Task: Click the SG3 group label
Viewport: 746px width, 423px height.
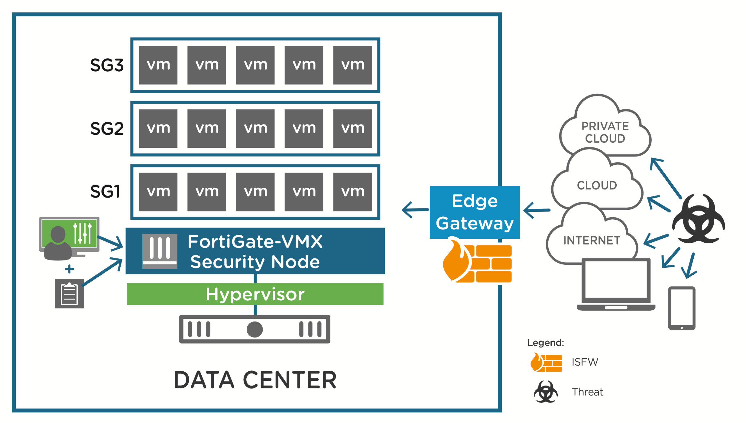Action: (107, 65)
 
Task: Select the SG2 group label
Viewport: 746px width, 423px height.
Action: (107, 129)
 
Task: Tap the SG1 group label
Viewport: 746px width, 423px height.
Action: (105, 192)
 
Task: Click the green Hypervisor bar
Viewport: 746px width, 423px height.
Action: (255, 294)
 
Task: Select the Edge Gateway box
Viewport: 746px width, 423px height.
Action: (475, 212)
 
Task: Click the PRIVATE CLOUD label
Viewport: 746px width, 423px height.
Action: (605, 132)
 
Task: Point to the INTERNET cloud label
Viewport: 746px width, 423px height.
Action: (592, 241)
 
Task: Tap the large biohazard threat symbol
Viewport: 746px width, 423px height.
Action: (698, 219)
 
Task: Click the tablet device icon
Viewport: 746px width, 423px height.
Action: (682, 308)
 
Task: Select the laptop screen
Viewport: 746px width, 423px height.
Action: (616, 279)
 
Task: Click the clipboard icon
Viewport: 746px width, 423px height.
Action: (69, 293)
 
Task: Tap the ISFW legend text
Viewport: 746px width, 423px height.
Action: (585, 362)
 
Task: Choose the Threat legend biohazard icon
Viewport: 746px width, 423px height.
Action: (546, 392)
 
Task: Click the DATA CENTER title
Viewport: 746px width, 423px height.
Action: (255, 380)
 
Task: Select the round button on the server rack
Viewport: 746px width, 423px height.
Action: (255, 329)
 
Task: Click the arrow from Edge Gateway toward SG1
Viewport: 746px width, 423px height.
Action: (415, 209)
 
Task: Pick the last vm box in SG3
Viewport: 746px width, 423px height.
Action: (352, 65)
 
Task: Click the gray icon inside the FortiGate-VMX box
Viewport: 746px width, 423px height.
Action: (160, 251)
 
